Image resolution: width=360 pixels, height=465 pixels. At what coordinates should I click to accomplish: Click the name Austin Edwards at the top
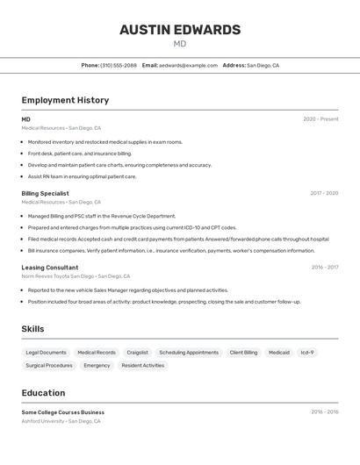pyautogui.click(x=180, y=30)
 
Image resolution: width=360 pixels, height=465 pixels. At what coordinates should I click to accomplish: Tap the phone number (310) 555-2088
pyautogui.click(x=119, y=65)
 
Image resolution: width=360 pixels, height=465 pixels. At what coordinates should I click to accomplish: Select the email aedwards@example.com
pyautogui.click(x=188, y=65)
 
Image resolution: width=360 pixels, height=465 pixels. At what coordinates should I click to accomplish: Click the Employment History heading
pyautogui.click(x=65, y=100)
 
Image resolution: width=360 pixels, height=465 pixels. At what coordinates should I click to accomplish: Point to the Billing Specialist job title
pyautogui.click(x=45, y=193)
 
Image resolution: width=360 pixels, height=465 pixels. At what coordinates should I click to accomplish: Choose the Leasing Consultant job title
pyautogui.click(x=50, y=267)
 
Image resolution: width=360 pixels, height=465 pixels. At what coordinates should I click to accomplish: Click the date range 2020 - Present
pyautogui.click(x=320, y=119)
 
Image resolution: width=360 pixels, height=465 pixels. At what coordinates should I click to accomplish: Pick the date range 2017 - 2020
pyautogui.click(x=324, y=193)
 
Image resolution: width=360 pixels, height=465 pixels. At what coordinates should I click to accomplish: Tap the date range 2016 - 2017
pyautogui.click(x=325, y=267)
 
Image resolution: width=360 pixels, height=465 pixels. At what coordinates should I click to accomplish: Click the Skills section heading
pyautogui.click(x=33, y=329)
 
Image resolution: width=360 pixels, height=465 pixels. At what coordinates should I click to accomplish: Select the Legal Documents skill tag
pyautogui.click(x=46, y=353)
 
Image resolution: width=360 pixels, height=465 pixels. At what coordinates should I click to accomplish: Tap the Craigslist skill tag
pyautogui.click(x=137, y=353)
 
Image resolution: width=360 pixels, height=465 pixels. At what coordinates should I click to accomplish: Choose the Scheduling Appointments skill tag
pyautogui.click(x=189, y=353)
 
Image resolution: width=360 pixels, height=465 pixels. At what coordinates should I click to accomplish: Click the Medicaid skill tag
pyautogui.click(x=279, y=353)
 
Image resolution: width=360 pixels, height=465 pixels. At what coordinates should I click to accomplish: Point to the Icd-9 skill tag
pyautogui.click(x=307, y=353)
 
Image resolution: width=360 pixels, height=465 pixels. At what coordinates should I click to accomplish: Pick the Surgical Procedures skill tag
pyautogui.click(x=49, y=366)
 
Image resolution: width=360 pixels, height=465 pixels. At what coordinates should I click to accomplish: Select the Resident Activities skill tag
pyautogui.click(x=142, y=366)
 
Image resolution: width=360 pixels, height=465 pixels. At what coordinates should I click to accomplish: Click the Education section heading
pyautogui.click(x=43, y=393)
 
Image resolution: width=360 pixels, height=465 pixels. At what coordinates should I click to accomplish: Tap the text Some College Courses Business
pyautogui.click(x=63, y=411)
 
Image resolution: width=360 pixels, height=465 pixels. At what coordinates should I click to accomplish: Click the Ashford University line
pyautogui.click(x=61, y=421)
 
